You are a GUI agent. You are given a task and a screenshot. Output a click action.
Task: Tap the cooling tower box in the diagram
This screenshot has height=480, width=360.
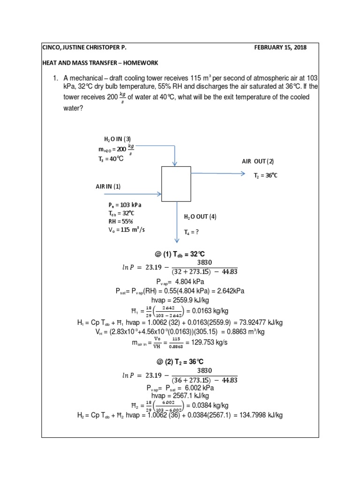(176, 184)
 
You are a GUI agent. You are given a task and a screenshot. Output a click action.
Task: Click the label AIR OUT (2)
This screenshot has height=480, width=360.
(258, 161)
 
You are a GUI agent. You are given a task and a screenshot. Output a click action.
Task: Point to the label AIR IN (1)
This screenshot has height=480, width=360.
(108, 186)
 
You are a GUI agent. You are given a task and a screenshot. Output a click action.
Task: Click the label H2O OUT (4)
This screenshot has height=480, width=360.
(200, 217)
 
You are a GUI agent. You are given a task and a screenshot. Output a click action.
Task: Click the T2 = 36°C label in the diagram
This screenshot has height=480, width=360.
(265, 176)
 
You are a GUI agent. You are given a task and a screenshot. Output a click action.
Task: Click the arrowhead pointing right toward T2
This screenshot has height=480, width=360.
(243, 173)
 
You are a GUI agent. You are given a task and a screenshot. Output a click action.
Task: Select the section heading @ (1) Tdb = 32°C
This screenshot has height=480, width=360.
(180, 254)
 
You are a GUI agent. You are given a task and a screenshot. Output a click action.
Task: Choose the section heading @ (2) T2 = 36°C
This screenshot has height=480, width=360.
(180, 361)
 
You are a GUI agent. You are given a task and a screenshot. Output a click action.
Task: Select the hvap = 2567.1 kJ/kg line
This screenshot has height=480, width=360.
(180, 396)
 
